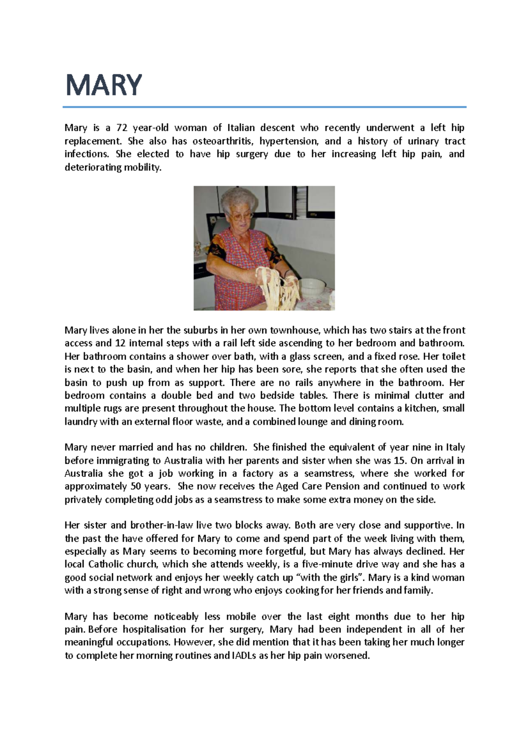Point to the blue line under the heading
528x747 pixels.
[x=264, y=107]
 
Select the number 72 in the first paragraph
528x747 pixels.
[x=122, y=128]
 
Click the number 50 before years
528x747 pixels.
[x=136, y=487]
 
